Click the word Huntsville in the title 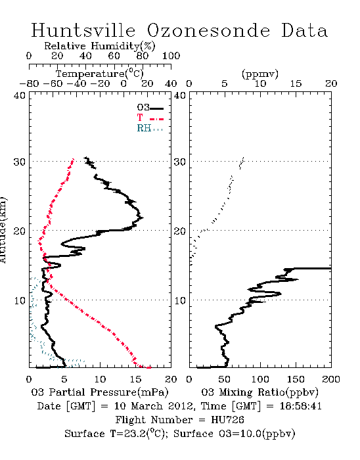83,30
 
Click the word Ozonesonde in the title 208,30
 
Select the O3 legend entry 150,108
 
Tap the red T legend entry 150,118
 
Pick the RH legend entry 150,128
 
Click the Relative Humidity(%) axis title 100,46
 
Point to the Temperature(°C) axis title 100,74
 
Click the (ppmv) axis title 259,74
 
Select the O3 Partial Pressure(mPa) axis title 100,392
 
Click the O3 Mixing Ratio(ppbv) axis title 259,392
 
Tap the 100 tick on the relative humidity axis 171,56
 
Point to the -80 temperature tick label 29,83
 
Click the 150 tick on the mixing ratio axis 296,379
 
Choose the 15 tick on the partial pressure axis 135,379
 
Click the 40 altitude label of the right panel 180,96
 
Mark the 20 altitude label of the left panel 20,231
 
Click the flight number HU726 227,420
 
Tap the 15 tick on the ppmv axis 296,83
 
